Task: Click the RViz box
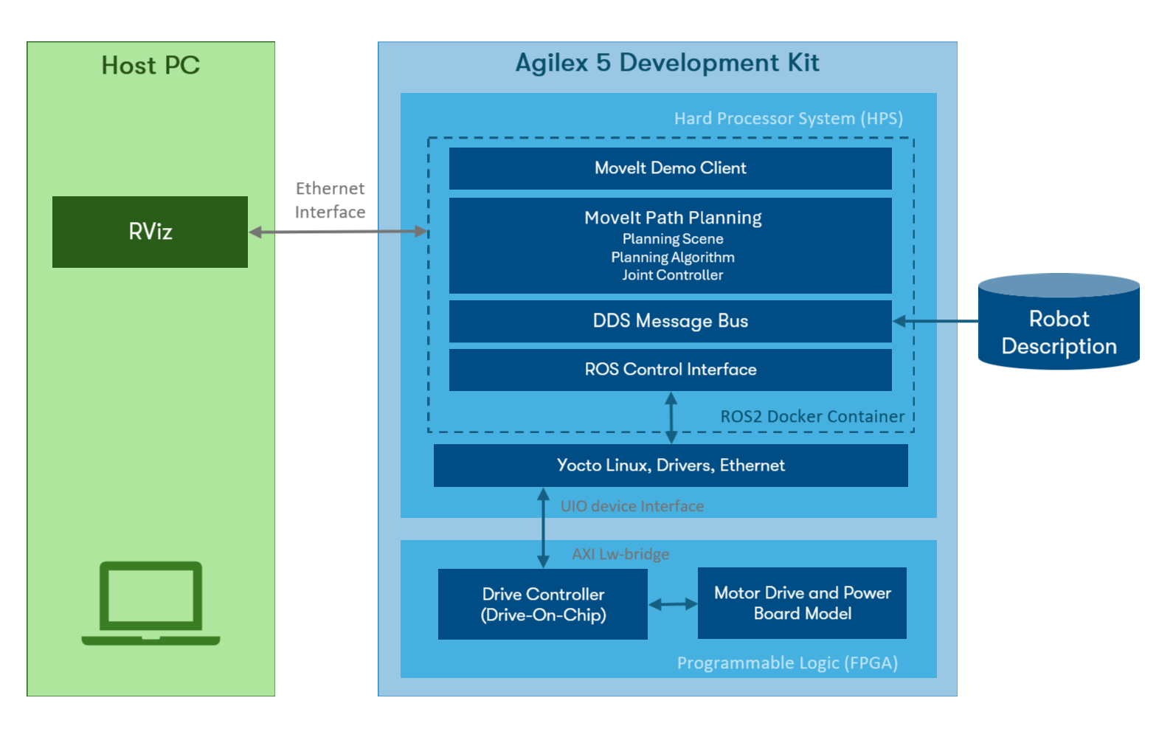150,232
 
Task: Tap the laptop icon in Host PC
150,604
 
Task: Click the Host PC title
150,66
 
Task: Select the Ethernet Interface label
330,200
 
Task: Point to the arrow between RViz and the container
338,232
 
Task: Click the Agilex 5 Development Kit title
667,63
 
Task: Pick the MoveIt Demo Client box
670,168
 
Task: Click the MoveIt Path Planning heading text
673,218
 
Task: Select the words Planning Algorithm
673,257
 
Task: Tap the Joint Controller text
673,275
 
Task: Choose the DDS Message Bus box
670,321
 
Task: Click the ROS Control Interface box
670,370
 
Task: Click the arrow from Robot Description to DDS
935,321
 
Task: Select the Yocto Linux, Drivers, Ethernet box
670,466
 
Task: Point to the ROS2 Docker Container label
812,417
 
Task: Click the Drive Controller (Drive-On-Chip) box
543,604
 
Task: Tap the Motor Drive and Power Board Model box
802,603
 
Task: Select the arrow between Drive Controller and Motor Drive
673,604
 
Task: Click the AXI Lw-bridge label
620,554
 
